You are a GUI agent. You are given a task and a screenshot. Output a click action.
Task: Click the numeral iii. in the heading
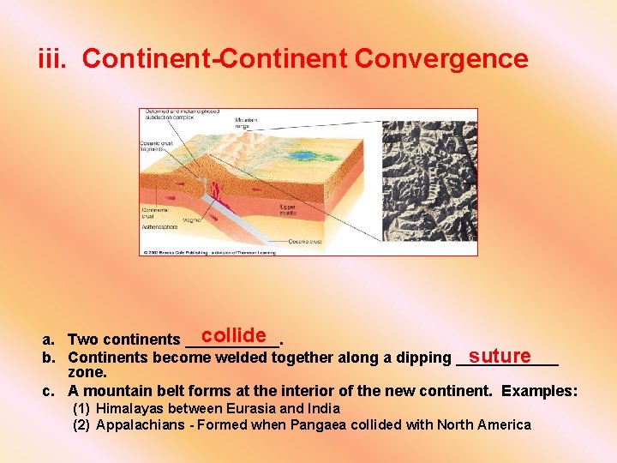(56, 59)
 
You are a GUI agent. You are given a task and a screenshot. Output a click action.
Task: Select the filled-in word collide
(234, 335)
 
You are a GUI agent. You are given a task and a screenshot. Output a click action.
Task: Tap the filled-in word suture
(500, 356)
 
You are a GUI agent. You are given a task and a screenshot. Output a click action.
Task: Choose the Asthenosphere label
(160, 227)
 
